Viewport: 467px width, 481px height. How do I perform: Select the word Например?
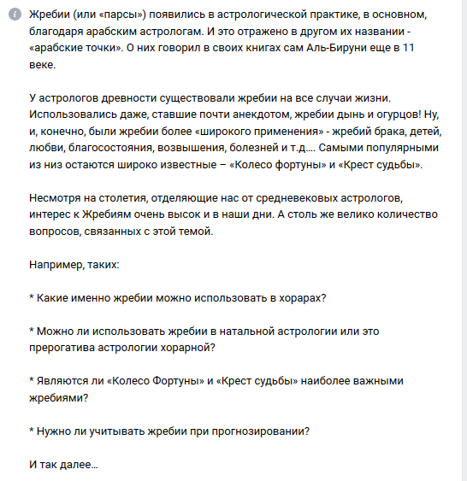[56, 264]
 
